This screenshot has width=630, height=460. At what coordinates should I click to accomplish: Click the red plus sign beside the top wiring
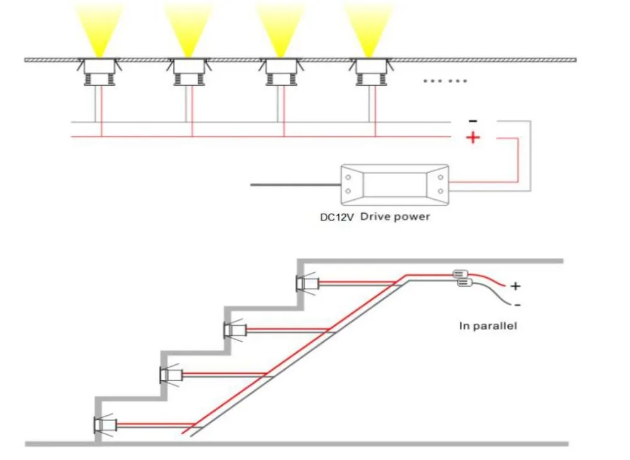(473, 138)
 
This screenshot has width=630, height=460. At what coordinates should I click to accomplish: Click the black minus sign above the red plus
(473, 121)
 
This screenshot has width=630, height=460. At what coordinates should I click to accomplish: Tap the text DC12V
(336, 217)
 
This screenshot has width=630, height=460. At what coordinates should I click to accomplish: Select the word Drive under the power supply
(375, 217)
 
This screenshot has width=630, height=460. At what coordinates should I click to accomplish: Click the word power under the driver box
(411, 217)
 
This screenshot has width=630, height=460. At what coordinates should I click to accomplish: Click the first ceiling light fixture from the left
(100, 71)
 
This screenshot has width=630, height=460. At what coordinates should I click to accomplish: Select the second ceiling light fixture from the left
(189, 71)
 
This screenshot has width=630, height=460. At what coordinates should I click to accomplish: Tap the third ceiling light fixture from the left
(281, 71)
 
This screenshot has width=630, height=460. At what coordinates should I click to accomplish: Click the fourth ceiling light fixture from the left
(370, 71)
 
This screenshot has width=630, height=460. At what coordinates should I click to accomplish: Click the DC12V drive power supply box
(394, 185)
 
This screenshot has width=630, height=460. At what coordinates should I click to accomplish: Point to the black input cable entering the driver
(295, 185)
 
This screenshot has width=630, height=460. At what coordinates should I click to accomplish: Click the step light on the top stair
(307, 284)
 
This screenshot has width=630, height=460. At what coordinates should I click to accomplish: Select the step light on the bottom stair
(105, 424)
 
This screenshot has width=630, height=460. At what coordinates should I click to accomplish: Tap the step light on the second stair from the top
(234, 330)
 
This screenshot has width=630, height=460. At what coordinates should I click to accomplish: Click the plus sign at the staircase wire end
(515, 286)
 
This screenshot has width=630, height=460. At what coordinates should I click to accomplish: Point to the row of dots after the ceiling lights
(445, 81)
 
